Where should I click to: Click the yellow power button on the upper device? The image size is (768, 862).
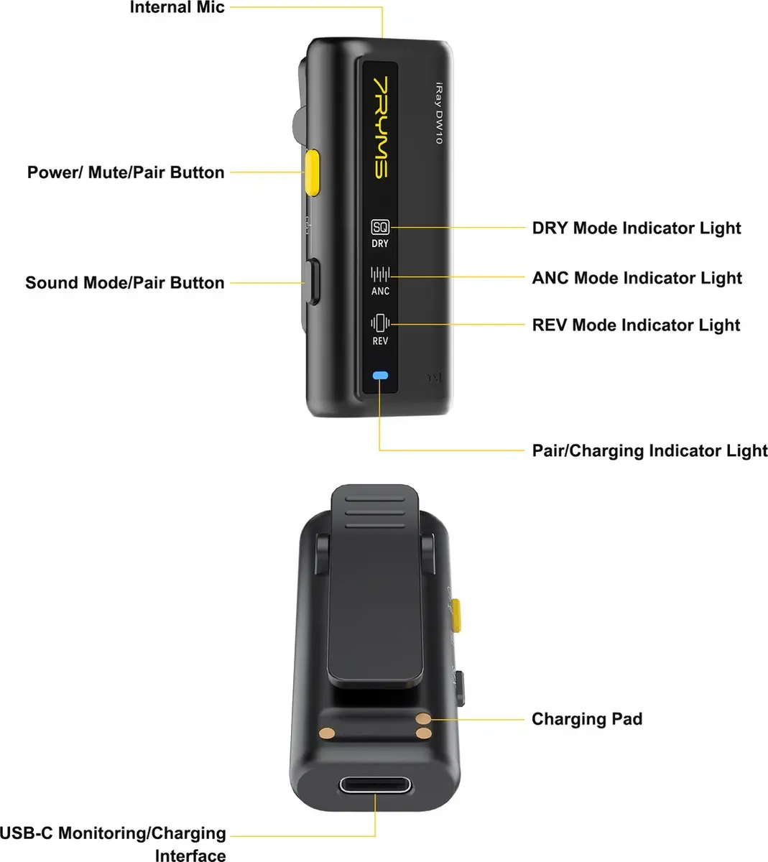coord(313,172)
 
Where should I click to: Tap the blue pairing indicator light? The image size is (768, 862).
coord(380,376)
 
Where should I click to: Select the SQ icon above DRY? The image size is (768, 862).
coord(380,227)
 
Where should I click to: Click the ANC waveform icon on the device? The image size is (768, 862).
coord(380,274)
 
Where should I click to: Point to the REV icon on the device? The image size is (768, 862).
coord(380,323)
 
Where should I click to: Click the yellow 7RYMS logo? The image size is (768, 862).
coord(380,127)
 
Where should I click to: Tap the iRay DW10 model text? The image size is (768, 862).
coord(439,113)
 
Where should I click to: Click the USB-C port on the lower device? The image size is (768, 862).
coord(375,785)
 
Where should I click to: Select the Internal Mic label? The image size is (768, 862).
coord(177,7)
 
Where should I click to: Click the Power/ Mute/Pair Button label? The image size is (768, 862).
coord(126,172)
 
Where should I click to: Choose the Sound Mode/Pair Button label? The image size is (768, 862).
coord(125,282)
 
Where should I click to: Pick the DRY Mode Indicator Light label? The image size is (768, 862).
coord(637,228)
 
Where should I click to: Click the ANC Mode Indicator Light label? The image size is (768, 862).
coord(637,278)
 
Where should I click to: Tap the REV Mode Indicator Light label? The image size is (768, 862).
coord(636,325)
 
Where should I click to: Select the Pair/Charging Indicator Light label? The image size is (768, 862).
coord(649,450)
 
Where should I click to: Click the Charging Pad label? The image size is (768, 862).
coord(587,718)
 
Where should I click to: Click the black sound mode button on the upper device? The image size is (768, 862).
coord(313,282)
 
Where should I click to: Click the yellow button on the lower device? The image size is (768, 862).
coord(455,615)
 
